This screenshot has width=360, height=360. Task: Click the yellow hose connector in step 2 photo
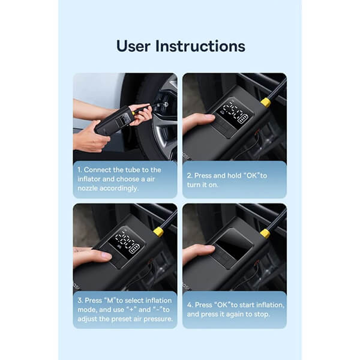tap(265, 102)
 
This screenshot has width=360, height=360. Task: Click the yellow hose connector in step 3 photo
tap(158, 231)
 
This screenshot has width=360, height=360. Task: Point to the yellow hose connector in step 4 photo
tap(265, 233)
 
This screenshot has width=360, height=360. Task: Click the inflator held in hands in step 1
tap(113, 121)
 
